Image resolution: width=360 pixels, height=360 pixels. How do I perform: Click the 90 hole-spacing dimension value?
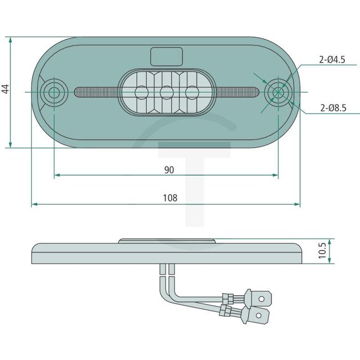169,170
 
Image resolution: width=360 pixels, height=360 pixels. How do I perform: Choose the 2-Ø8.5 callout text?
332,109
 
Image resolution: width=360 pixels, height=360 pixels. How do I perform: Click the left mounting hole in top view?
54,92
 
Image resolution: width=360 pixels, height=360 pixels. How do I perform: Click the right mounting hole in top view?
277,92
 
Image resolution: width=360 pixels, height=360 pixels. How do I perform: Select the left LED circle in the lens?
140,92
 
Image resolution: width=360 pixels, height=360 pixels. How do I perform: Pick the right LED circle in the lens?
192,92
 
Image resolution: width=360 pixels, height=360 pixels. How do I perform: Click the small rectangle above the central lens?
166,56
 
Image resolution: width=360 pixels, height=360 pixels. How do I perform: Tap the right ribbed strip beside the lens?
238,92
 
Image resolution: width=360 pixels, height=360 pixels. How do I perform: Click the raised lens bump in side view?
166,241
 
